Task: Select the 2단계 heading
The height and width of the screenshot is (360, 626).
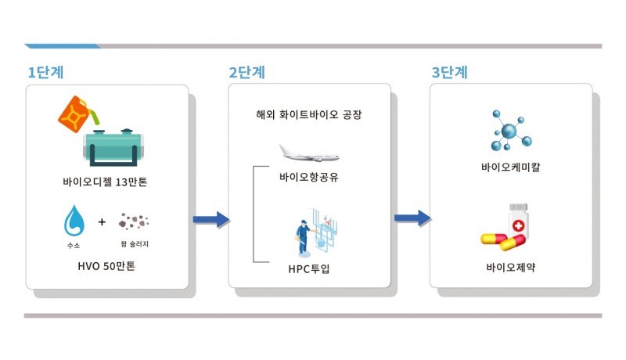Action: click(x=246, y=73)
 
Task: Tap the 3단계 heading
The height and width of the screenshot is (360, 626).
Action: click(x=449, y=73)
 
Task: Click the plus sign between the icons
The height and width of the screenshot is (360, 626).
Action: click(x=102, y=222)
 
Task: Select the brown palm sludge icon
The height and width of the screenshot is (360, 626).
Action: click(x=134, y=222)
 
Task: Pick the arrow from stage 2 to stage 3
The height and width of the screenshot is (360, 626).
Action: click(x=412, y=218)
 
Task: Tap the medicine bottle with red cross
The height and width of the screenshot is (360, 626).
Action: click(x=517, y=221)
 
